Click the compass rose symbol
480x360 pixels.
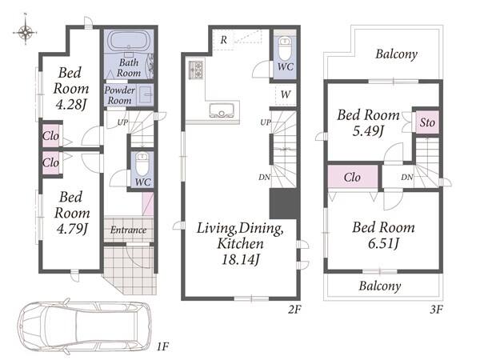click(26, 32)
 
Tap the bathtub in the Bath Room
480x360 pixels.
click(129, 41)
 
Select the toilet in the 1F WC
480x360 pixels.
click(142, 164)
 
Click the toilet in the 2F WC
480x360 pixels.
click(285, 49)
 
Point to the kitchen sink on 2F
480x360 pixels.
click(222, 110)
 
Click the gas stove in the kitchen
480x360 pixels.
click(196, 70)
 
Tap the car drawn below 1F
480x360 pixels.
click(85, 328)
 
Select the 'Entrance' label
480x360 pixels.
click(128, 230)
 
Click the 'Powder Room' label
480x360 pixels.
click(120, 95)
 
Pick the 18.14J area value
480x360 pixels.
click(240, 260)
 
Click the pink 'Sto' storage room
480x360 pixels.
click(426, 122)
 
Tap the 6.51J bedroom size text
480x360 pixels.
click(383, 244)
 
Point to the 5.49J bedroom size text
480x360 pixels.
click(368, 131)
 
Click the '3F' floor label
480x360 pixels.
click(436, 310)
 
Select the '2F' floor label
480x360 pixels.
click(294, 310)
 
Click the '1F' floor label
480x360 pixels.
click(162, 347)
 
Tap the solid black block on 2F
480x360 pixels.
click(283, 203)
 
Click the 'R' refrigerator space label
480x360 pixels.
click(224, 40)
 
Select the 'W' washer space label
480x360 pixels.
click(286, 94)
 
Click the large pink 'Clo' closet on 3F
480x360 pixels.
click(353, 177)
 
